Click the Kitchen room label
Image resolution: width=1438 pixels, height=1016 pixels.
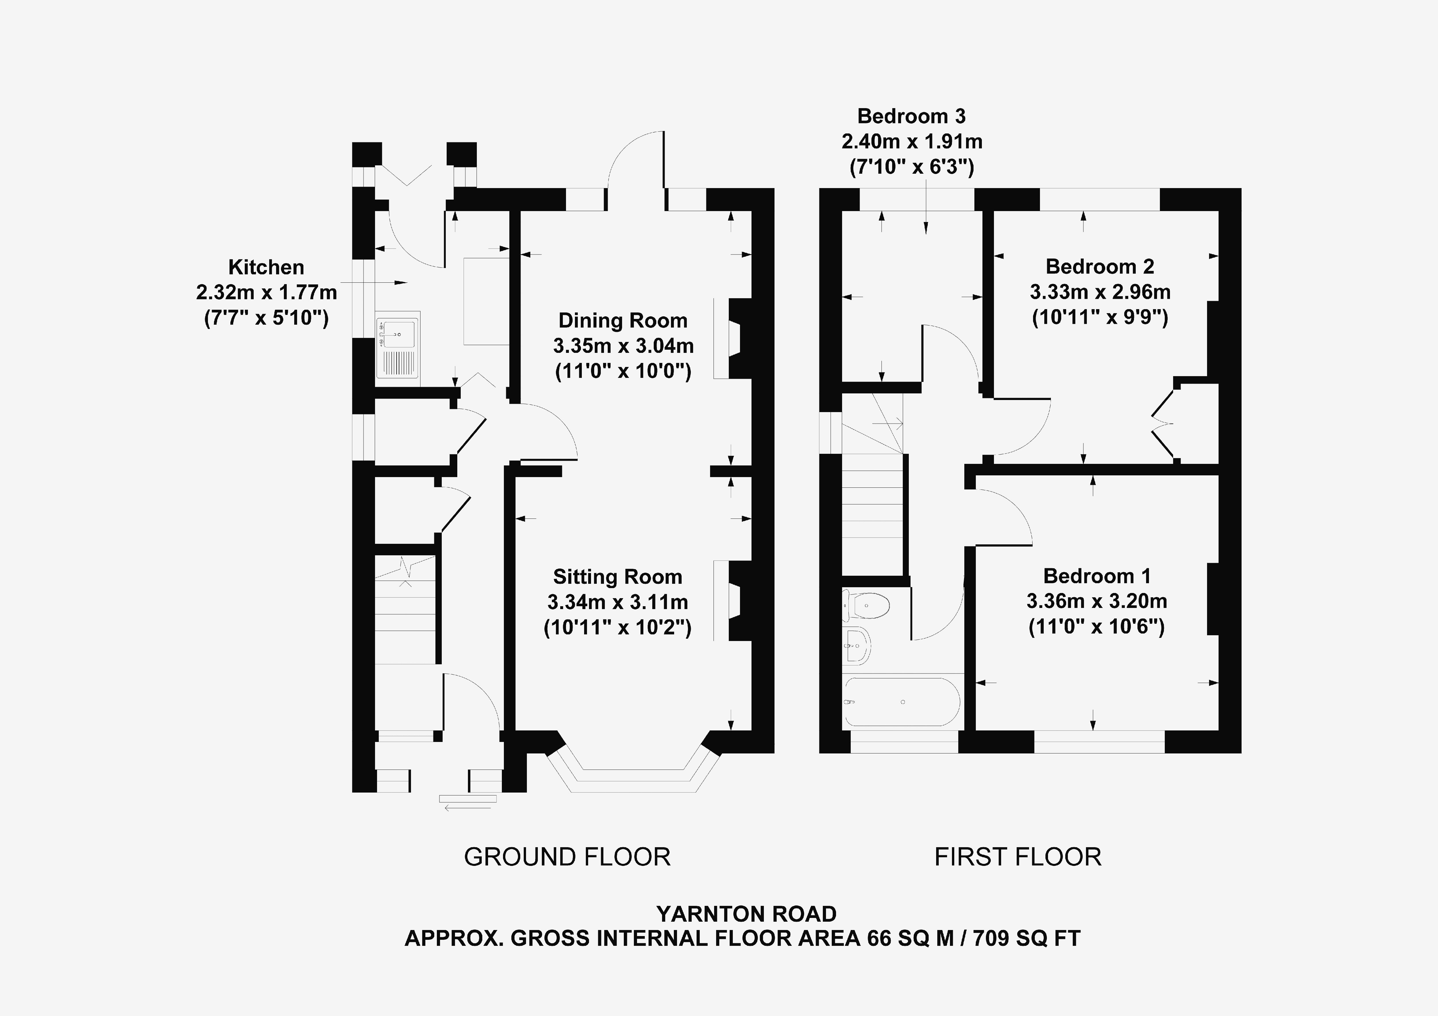pyautogui.click(x=266, y=267)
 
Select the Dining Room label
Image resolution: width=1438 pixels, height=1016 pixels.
pyautogui.click(x=623, y=321)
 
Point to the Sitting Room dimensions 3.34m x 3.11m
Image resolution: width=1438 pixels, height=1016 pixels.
pyautogui.click(x=617, y=602)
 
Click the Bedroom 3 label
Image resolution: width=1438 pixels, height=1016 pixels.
pyautogui.click(x=911, y=116)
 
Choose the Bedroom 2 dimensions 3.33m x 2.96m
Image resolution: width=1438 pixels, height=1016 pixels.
pyautogui.click(x=1100, y=292)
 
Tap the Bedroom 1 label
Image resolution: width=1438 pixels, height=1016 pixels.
pyautogui.click(x=1097, y=576)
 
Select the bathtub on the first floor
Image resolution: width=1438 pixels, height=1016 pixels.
pyautogui.click(x=902, y=702)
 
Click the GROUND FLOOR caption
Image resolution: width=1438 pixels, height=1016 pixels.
pyautogui.click(x=567, y=857)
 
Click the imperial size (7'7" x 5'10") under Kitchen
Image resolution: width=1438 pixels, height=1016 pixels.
pyautogui.click(x=266, y=318)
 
